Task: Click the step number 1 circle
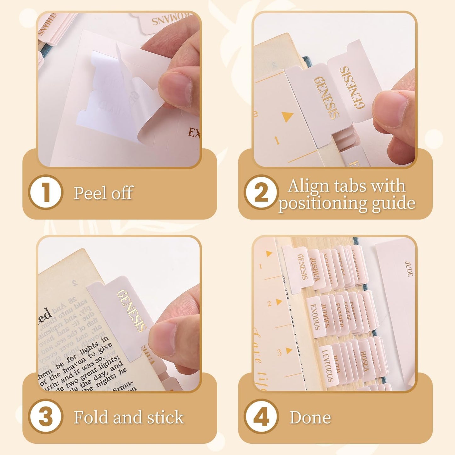46,192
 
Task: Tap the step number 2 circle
261,192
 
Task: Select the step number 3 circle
46,417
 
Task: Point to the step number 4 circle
261,417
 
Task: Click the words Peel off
103,193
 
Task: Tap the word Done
310,418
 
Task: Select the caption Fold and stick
128,418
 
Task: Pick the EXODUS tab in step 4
315,316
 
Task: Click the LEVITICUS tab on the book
327,365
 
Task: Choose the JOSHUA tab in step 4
315,269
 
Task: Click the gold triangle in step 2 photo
287,117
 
